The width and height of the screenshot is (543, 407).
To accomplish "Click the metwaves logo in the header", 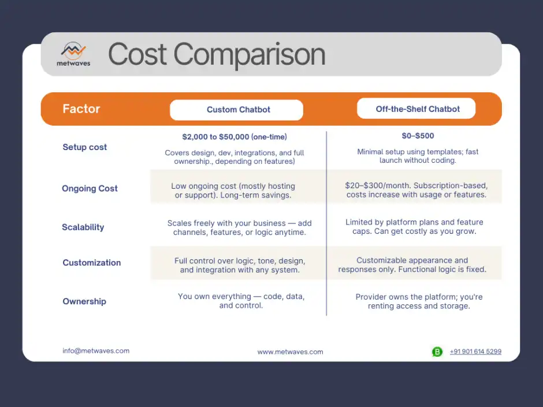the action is point(73,54).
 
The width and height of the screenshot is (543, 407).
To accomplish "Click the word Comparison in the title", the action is point(250,54).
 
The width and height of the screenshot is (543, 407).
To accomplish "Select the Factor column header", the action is point(81,109).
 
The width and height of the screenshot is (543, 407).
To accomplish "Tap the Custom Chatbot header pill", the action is point(236,110).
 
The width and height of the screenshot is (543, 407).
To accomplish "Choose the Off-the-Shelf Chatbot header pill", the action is point(416,109).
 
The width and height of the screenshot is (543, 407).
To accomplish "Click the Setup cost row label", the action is point(85,147).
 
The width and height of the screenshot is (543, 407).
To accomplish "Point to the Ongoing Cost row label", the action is point(90,188).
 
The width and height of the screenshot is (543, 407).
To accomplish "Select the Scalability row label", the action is point(83,227).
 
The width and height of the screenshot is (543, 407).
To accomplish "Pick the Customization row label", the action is point(92,263).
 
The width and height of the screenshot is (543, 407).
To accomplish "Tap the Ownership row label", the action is point(84,301).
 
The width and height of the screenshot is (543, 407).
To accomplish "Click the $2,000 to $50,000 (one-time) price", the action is point(235,137).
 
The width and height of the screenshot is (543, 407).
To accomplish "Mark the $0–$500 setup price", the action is point(418,136).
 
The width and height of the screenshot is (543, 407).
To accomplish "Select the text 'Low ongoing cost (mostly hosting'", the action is point(233,186).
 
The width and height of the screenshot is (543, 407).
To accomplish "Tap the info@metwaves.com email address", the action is point(96,350).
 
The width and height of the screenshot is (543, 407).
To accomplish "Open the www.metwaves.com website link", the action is point(290,352).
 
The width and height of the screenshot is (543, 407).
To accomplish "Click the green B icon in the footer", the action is point(437,352).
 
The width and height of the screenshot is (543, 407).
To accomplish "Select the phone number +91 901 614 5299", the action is point(475,352).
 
